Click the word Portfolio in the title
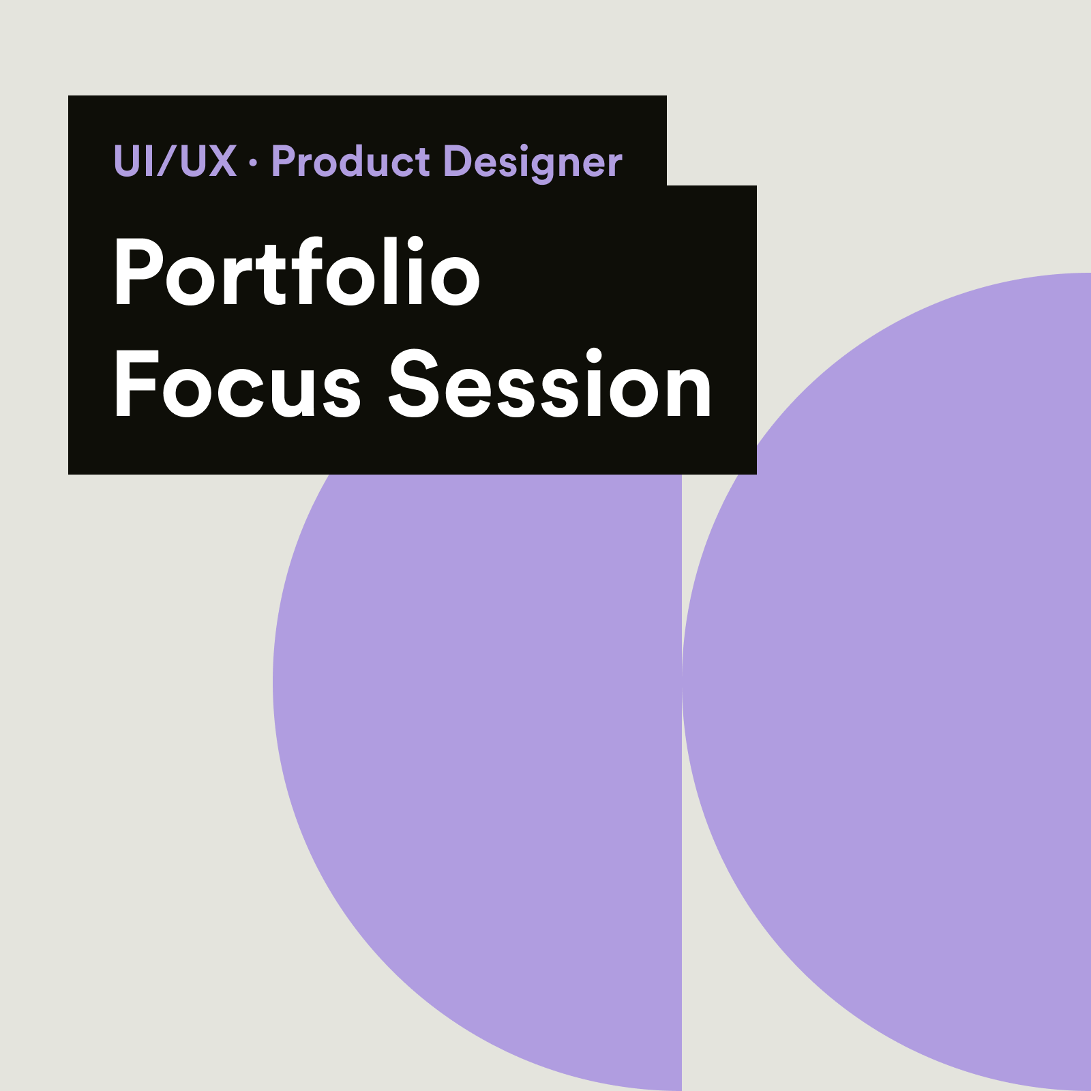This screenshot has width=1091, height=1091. click(x=297, y=271)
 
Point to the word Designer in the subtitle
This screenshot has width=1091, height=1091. click(x=533, y=164)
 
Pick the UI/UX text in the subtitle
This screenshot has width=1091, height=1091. click(x=175, y=162)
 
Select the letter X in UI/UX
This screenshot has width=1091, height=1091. click(x=220, y=162)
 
